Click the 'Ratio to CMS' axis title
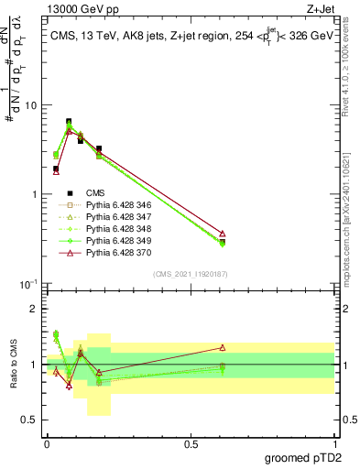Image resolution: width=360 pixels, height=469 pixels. [14, 365]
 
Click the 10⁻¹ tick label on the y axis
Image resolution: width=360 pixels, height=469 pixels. [27, 285]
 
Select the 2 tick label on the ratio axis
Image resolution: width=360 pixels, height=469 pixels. [34, 309]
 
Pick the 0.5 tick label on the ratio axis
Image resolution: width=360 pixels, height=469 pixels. [29, 420]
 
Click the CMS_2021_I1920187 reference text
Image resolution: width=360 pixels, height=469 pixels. [189, 274]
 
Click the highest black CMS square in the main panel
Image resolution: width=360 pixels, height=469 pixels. [69, 121]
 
